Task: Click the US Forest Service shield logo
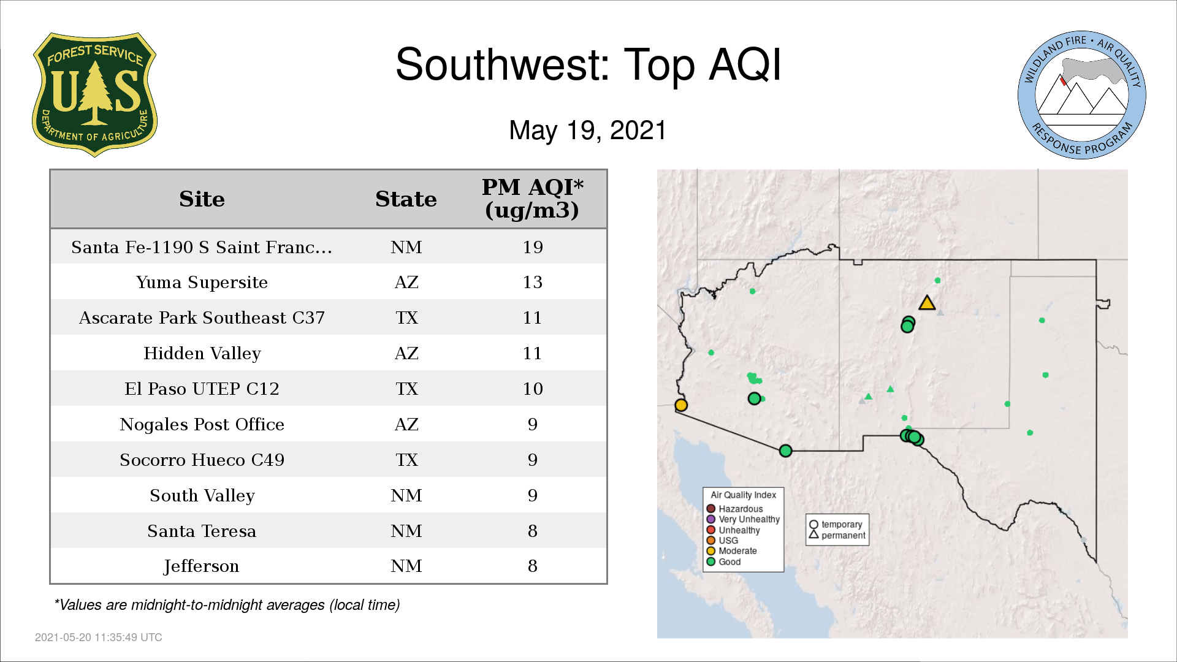click(x=94, y=94)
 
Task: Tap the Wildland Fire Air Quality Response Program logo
click(x=1081, y=95)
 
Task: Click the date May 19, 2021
click(x=587, y=130)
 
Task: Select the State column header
click(x=406, y=199)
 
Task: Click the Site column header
click(x=202, y=199)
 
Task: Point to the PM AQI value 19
click(x=533, y=247)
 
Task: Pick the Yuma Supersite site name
click(x=202, y=283)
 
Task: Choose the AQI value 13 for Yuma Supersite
click(x=533, y=283)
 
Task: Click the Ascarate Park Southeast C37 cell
click(x=202, y=318)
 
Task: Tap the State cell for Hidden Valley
click(x=406, y=353)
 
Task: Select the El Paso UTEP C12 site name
click(x=202, y=389)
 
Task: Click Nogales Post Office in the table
click(x=202, y=424)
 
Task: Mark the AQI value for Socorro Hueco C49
click(x=533, y=460)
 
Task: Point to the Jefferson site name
click(x=202, y=566)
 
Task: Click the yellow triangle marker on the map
click(x=927, y=303)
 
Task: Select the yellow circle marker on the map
click(x=681, y=405)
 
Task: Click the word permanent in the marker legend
click(x=844, y=535)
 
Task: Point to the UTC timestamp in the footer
click(x=99, y=637)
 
